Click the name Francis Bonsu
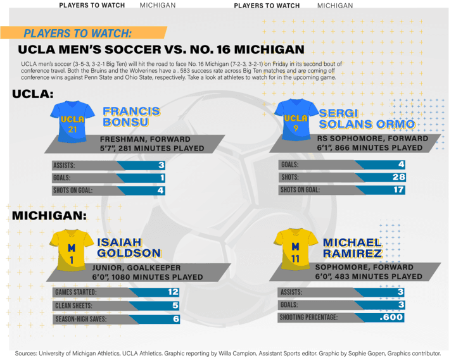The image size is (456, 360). pyautogui.click(x=131, y=116)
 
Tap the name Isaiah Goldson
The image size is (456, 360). pyautogui.click(x=129, y=247)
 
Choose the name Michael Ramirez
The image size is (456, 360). pyautogui.click(x=352, y=247)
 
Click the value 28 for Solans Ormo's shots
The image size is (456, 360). pyautogui.click(x=397, y=177)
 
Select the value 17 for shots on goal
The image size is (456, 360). pyautogui.click(x=397, y=189)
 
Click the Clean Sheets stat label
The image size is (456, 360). pyautogui.click(x=75, y=306)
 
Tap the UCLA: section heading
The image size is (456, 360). pyautogui.click(x=32, y=94)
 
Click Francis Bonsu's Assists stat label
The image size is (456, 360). pyautogui.click(x=64, y=166)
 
